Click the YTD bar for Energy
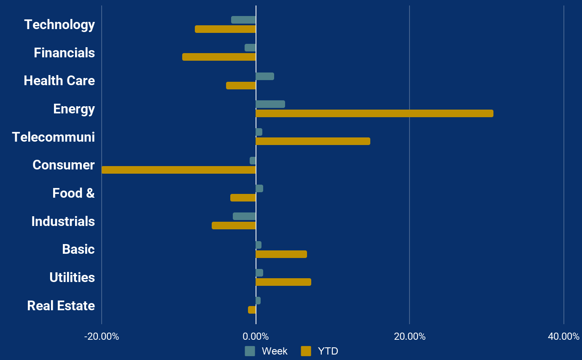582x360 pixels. tap(374, 113)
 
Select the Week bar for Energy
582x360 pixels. tap(270, 104)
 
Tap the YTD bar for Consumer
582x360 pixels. tap(179, 170)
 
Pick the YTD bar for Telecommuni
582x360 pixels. tap(313, 141)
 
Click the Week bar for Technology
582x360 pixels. tap(243, 20)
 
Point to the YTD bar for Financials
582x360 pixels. tap(219, 57)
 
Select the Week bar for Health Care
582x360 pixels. tap(265, 76)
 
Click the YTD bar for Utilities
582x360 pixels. tap(283, 282)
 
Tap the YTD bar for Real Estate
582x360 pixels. tap(252, 310)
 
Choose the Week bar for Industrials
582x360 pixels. tap(244, 216)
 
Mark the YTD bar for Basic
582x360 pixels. tap(281, 254)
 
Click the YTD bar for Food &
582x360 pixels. tap(243, 198)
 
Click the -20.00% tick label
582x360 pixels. tap(102, 336)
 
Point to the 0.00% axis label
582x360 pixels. tap(256, 336)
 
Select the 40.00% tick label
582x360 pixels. tap(563, 336)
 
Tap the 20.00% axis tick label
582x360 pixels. tap(410, 336)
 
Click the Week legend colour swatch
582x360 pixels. tap(250, 351)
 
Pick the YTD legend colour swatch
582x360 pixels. tap(306, 351)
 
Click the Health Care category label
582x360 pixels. tap(59, 81)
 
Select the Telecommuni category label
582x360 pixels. tap(54, 137)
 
